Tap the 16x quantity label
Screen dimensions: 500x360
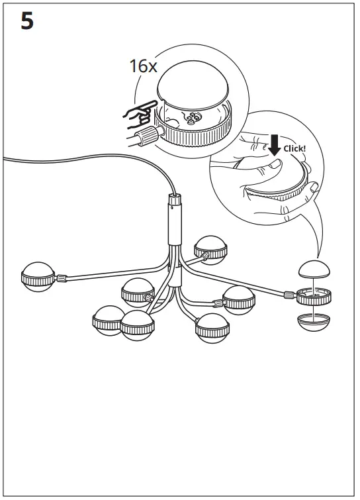[x=144, y=66]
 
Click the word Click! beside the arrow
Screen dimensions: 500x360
[x=294, y=148]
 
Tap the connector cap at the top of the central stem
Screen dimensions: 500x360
[x=175, y=199]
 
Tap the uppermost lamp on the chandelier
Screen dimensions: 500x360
[x=211, y=248]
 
